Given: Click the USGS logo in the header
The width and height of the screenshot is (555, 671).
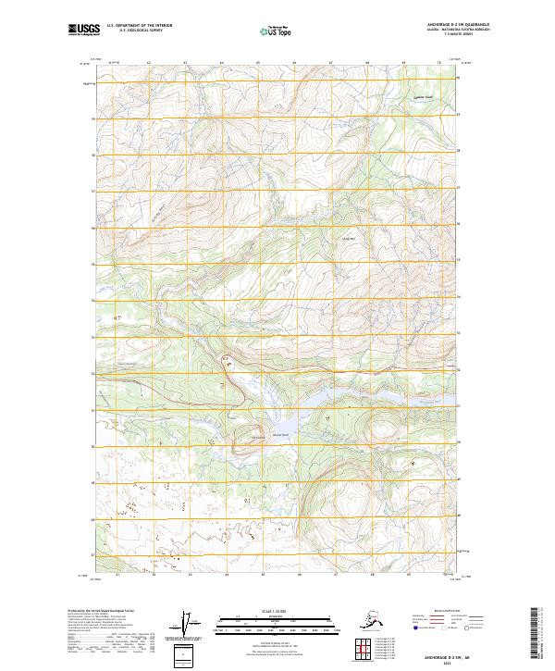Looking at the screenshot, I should click(80, 31).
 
